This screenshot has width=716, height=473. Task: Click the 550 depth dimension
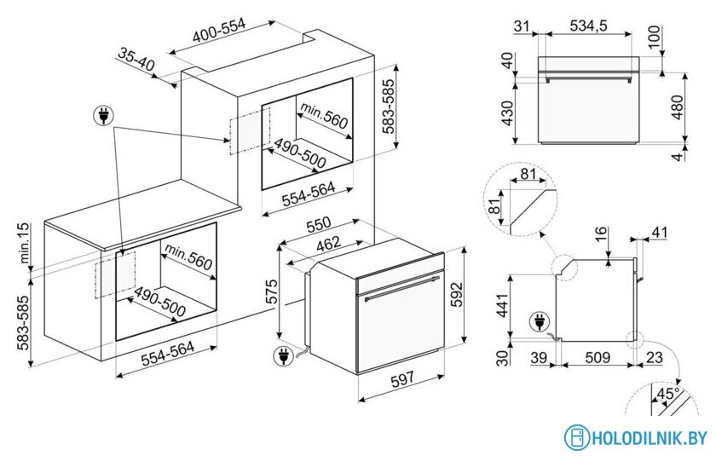tap(320, 224)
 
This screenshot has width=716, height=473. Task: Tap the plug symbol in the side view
tap(540, 322)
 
